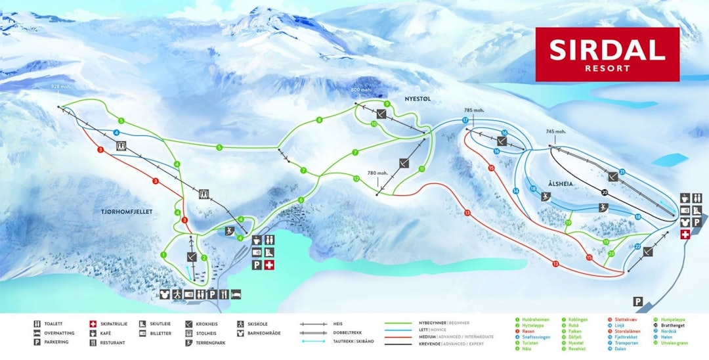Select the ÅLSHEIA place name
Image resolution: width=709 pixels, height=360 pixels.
point(562,185)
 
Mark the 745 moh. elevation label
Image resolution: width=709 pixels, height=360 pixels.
point(555,131)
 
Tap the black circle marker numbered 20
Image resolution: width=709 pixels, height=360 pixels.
point(604,192)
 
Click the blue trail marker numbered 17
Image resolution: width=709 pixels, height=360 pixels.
point(465,121)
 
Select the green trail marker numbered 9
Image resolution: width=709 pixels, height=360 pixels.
point(387,104)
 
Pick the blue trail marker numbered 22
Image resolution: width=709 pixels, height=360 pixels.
point(637,247)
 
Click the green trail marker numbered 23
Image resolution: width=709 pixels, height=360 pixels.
point(611,253)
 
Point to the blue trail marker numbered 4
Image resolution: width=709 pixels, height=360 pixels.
point(116,132)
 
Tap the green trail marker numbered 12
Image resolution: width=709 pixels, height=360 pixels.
point(356,179)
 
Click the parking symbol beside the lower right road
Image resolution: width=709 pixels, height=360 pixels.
point(637,301)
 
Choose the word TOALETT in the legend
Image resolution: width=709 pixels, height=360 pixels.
point(53,324)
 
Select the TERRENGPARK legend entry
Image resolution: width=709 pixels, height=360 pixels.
point(209,342)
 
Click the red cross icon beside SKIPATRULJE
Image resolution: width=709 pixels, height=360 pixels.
point(93,324)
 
